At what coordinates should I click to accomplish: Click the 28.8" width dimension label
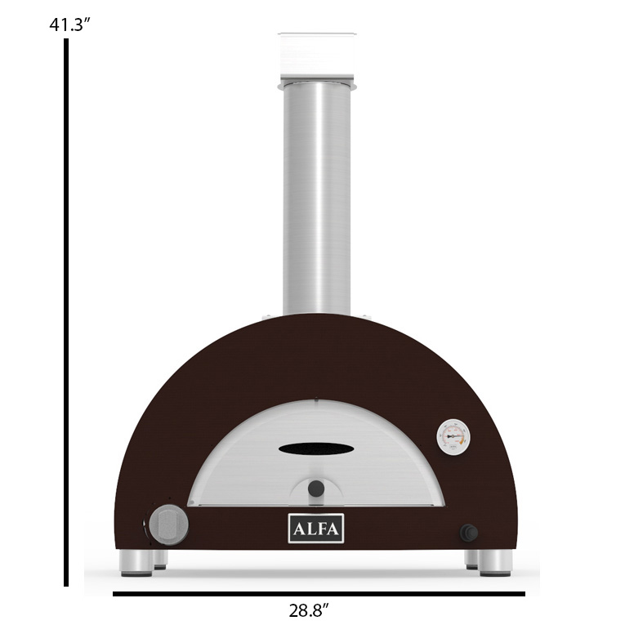[309, 610]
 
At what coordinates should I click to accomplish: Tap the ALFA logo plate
[316, 528]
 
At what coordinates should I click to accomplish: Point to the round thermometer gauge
[453, 436]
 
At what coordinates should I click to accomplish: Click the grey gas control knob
[168, 525]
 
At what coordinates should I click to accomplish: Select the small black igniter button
[469, 533]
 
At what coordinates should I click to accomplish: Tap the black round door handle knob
[316, 489]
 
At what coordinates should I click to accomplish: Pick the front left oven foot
[136, 563]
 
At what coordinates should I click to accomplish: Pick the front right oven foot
[495, 563]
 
